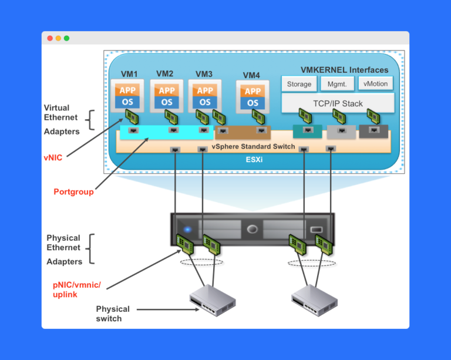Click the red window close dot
coord(50,38)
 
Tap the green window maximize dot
coord(66,38)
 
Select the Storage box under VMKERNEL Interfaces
coord(299,84)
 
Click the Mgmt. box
coord(337,84)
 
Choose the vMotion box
coord(375,84)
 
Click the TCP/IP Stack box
coord(338,104)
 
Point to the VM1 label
coord(129,74)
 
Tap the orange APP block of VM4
coord(253,91)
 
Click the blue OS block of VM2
coord(167,102)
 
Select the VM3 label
coord(204,74)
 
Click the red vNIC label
coord(53,157)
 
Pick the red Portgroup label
coord(73,191)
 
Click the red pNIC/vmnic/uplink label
coord(76,290)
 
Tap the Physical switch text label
coord(113,314)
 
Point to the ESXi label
coord(254,159)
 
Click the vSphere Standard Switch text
coord(253,146)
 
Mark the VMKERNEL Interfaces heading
coord(344,70)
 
